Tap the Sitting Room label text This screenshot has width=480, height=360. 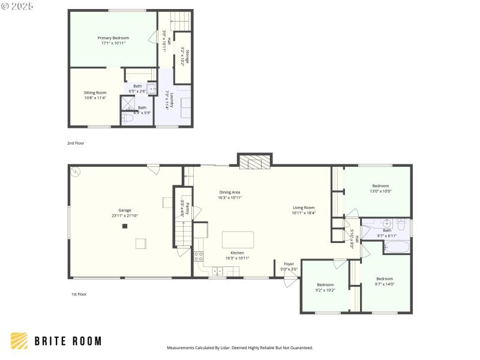click(x=95, y=92)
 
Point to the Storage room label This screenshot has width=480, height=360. click(x=187, y=57)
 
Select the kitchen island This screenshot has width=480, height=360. click(x=238, y=240)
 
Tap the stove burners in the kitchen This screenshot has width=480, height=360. click(x=198, y=256)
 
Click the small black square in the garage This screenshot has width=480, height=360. click(x=125, y=226)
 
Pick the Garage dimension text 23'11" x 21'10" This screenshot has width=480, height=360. click(x=125, y=216)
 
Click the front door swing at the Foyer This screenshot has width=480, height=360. click(x=290, y=280)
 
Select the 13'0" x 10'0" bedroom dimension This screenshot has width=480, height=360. click(x=380, y=191)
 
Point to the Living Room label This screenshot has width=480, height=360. click(x=304, y=207)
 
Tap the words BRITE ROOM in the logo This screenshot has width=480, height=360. click(x=67, y=341)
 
